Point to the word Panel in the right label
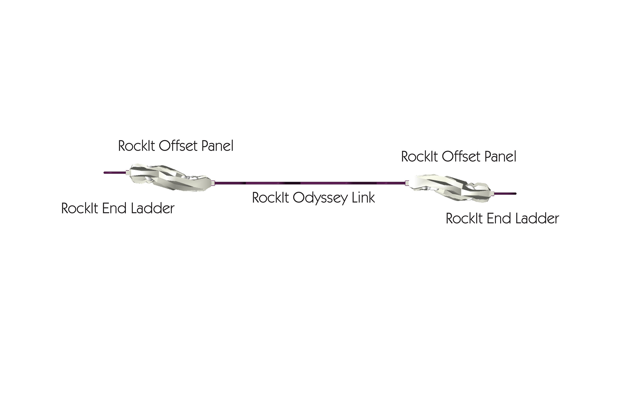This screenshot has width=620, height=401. (500, 157)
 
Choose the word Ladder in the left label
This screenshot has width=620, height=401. (153, 209)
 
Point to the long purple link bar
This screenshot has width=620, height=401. (310, 183)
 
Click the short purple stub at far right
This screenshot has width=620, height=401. (505, 194)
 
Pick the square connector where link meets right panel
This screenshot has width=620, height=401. (407, 183)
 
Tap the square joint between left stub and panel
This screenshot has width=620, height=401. (127, 172)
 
